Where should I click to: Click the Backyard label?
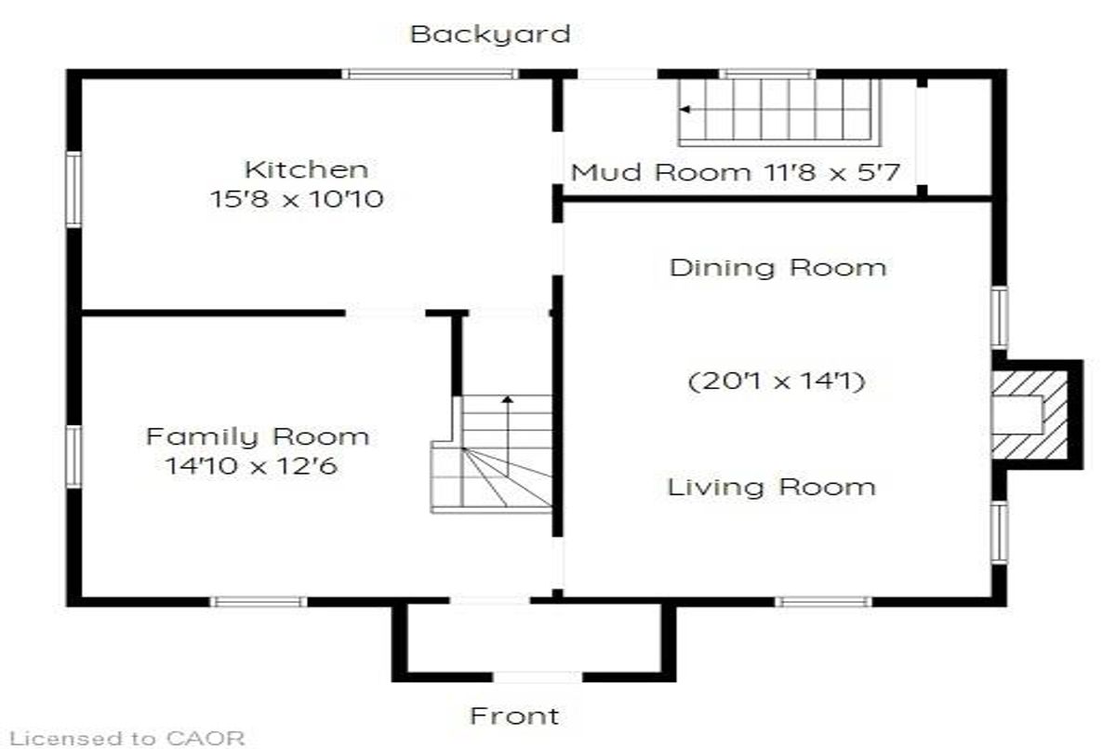pos(490,34)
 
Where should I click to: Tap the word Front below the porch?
pos(514,716)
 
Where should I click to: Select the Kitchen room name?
pos(306,169)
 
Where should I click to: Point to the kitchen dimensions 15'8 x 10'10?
pos(297,199)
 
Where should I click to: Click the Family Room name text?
pos(258,437)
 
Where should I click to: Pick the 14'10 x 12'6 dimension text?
pos(251,466)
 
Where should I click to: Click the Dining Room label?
pos(777,268)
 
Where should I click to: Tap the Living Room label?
pos(771,487)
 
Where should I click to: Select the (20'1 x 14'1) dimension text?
pos(777,381)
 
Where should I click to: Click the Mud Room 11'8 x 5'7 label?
pos(736,172)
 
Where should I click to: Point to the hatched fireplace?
pos(1030,415)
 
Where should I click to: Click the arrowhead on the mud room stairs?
pos(685,109)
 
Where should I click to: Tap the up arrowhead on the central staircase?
pos(507,399)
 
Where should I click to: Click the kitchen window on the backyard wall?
pos(430,74)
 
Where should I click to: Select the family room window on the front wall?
pos(259,601)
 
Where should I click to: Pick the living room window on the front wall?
pos(823,601)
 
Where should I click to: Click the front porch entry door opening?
pos(538,676)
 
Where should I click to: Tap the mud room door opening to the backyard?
pos(618,74)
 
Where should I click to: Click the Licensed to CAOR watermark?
pos(127,738)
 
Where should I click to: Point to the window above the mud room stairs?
pos(767,74)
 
